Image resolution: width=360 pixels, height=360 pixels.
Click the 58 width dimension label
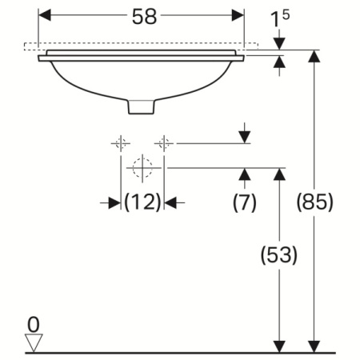pyautogui.click(x=142, y=15)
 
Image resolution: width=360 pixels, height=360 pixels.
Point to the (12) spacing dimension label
pyautogui.click(x=143, y=202)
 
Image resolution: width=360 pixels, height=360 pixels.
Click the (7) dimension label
pyautogui.click(x=244, y=202)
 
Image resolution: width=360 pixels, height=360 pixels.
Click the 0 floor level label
pyautogui.click(x=32, y=324)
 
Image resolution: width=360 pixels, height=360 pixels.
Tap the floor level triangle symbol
pyautogui.click(x=33, y=342)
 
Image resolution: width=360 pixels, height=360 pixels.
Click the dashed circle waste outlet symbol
pyautogui.click(x=142, y=168)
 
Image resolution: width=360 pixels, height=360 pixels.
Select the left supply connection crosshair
pyautogui.click(x=121, y=143)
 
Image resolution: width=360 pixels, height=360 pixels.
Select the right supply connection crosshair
pyautogui.click(x=164, y=143)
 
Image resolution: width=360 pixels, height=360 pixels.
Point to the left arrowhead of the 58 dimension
pyautogui.click(x=46, y=15)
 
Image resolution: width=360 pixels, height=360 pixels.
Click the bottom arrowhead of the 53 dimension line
pyautogui.click(x=279, y=345)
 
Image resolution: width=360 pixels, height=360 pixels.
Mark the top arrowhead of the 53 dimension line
pyautogui.click(x=279, y=174)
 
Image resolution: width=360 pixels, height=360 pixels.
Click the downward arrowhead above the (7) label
pyautogui.click(x=244, y=138)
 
